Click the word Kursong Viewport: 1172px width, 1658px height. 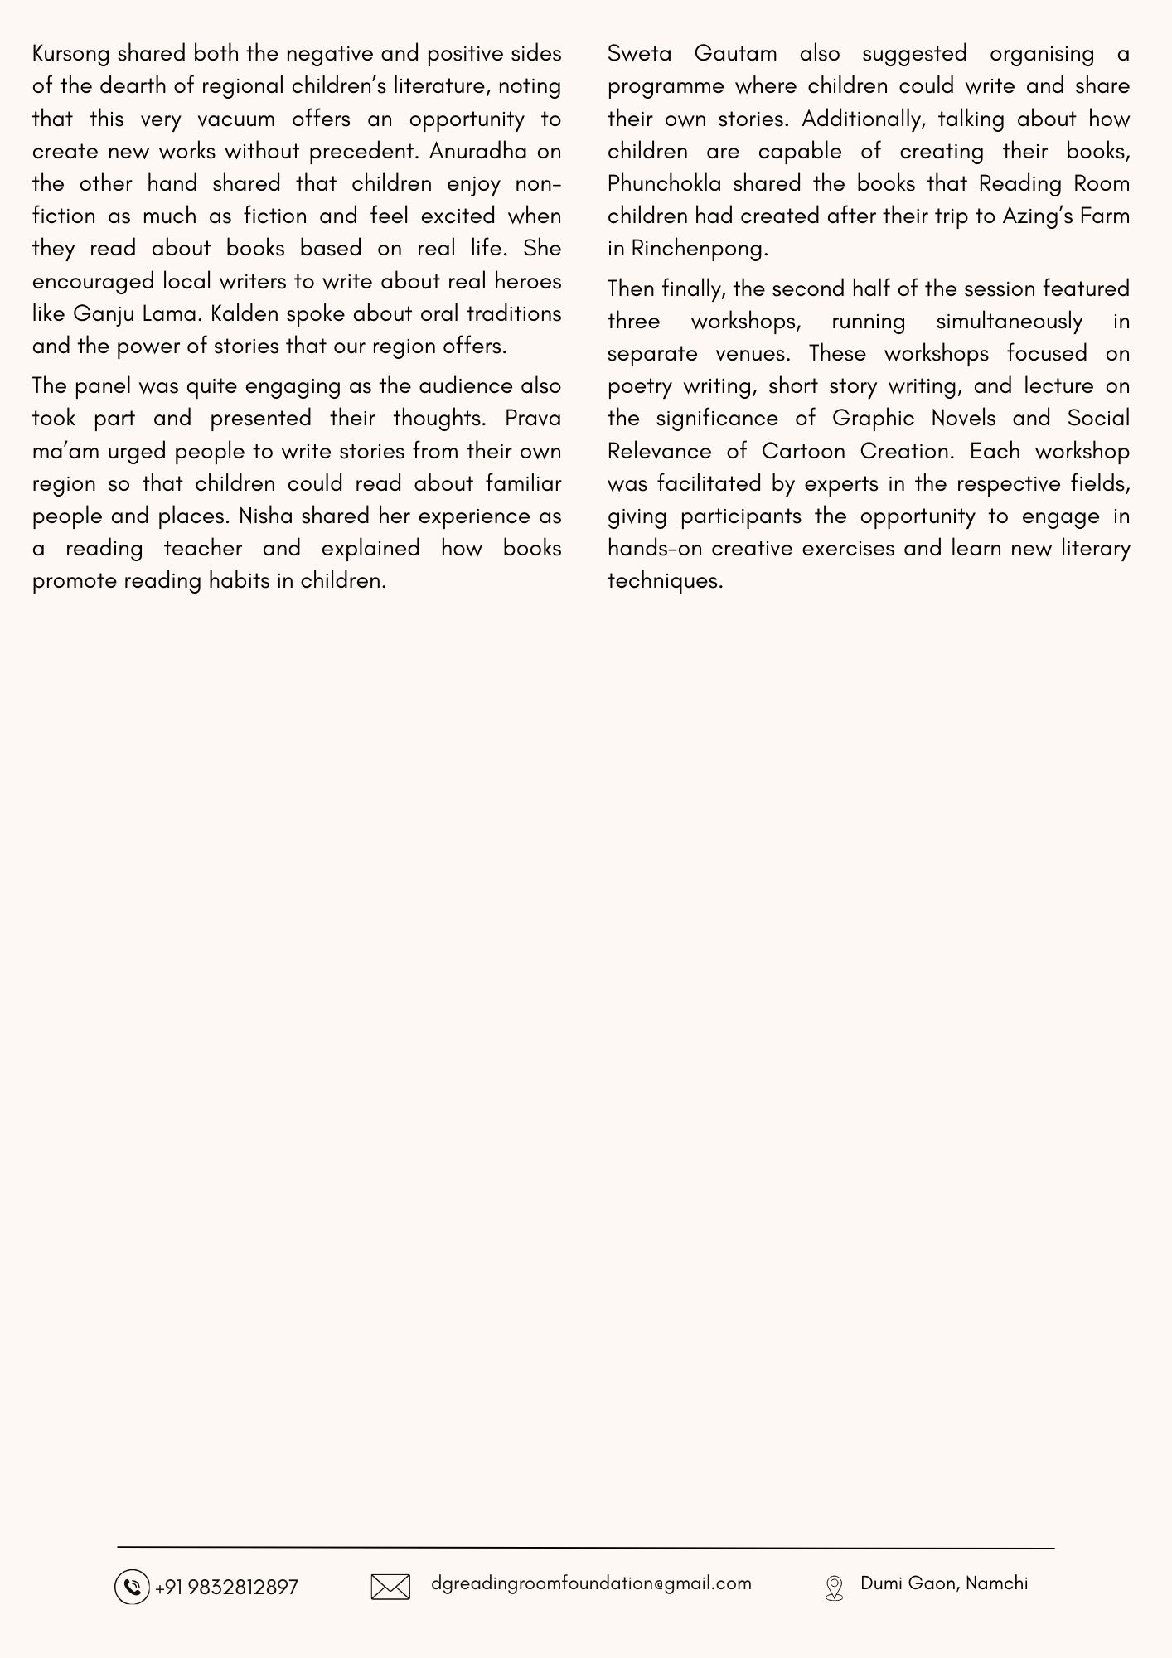71,54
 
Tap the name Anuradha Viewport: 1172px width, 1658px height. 477,151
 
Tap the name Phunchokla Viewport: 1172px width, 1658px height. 664,183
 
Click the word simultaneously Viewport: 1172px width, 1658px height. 1009,321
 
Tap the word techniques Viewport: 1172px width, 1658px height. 664,580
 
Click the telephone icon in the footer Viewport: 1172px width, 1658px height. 132,1587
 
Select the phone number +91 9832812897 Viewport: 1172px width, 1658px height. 226,1587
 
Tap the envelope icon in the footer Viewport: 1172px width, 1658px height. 390,1587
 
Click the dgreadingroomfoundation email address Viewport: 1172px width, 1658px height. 591,1583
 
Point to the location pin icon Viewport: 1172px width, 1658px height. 835,1588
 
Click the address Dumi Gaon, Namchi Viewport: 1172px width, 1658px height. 944,1583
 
